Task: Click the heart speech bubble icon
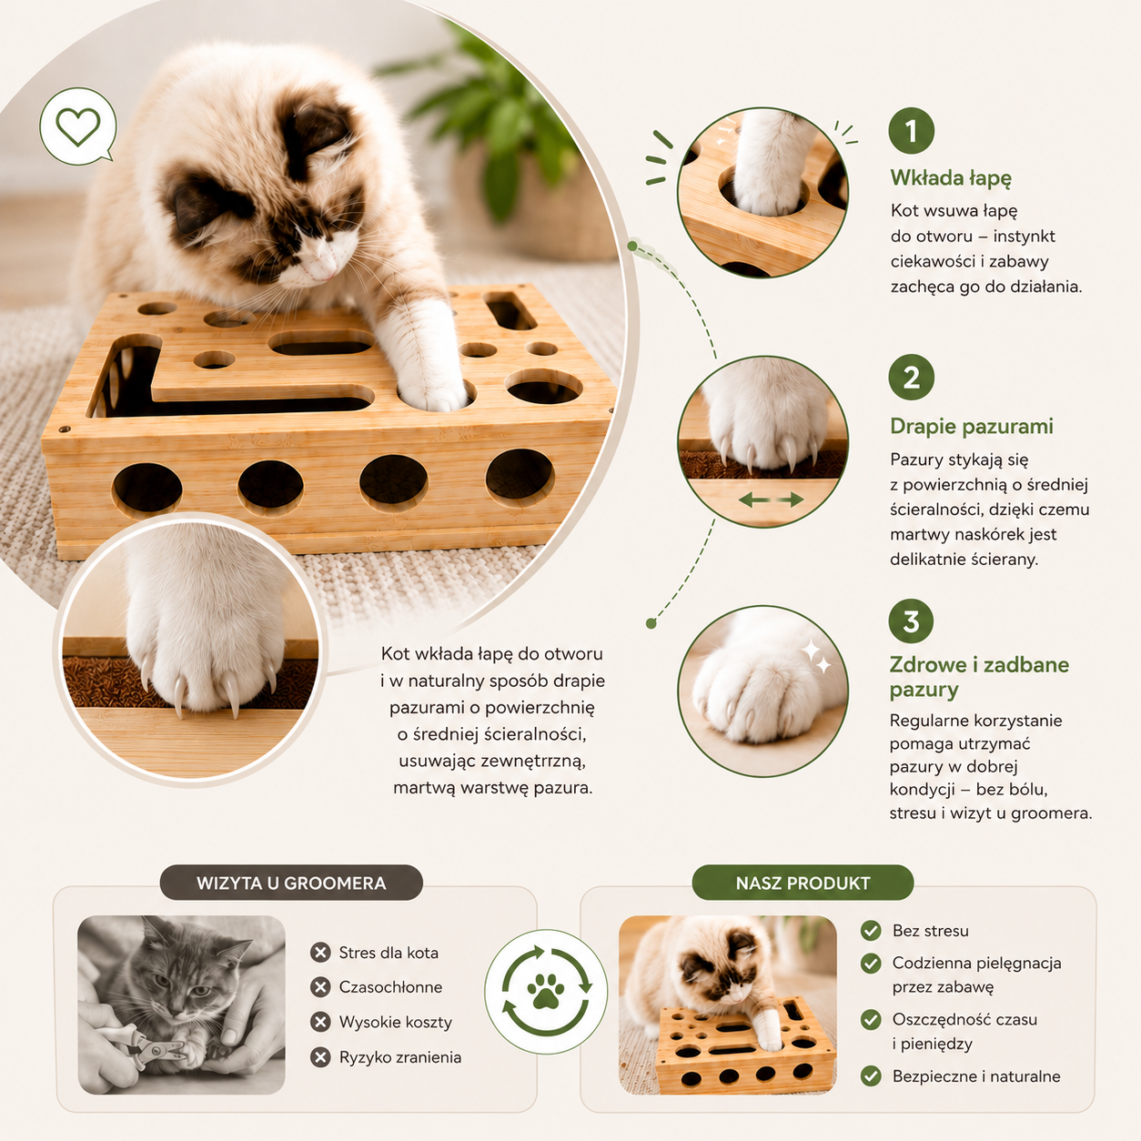[x=78, y=126]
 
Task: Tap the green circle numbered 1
[x=912, y=130]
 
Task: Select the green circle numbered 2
[x=912, y=378]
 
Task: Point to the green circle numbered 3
[x=912, y=621]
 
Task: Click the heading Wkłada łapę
[x=951, y=177]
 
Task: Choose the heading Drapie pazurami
[x=972, y=427]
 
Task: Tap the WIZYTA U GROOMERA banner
[x=291, y=883]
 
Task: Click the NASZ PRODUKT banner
[x=803, y=883]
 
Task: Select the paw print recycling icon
[x=545, y=991]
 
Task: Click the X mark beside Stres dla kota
[x=320, y=953]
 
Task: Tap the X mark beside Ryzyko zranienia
[x=320, y=1057]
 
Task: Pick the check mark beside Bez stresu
[x=871, y=931]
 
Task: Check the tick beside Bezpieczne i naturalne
[x=871, y=1075]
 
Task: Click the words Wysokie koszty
[x=396, y=1023]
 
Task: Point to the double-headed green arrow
[x=771, y=500]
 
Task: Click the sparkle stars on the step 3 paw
[x=816, y=657]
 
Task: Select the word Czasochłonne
[x=390, y=987]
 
